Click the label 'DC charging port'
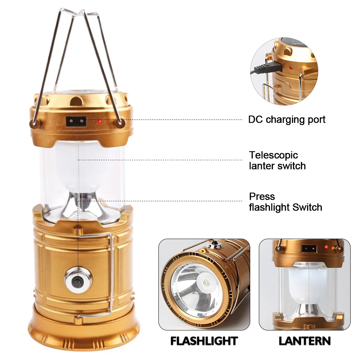287,120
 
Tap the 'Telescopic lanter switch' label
277,161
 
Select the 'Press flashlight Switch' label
285,202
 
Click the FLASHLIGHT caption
204,341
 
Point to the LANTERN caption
305,341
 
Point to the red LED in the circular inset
290,68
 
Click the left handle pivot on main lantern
35,123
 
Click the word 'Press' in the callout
262,197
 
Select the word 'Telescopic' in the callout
274,155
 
